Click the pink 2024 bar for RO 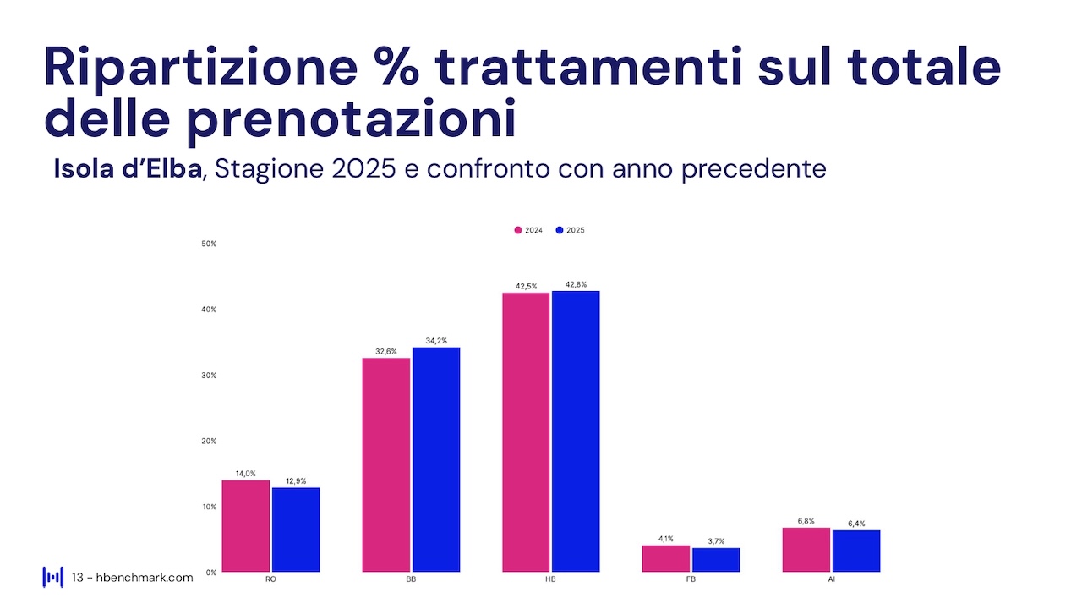246,526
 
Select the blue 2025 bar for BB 436,459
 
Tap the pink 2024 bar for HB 526,432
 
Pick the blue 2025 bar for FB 716,560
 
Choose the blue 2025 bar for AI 856,551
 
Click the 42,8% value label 576,284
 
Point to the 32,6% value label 385,351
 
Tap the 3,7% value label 715,541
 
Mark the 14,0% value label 245,474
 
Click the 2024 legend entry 528,230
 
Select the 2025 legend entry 571,230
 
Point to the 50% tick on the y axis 208,244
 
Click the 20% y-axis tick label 208,441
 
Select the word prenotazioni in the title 349,118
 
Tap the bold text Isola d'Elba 128,168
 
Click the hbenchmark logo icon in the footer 52,577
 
